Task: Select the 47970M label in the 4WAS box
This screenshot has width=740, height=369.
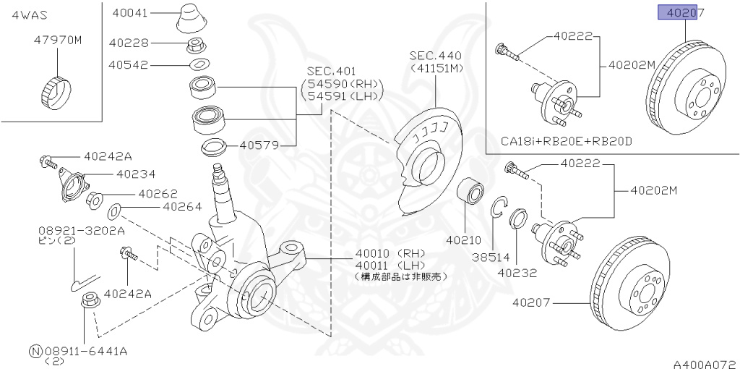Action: point(58,41)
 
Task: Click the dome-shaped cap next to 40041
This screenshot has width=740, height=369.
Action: point(192,18)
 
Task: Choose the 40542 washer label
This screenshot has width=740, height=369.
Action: point(128,64)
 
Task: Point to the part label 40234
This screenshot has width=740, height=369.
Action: point(136,174)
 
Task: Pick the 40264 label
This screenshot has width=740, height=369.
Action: point(182,206)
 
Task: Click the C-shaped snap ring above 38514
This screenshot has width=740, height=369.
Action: point(497,208)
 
